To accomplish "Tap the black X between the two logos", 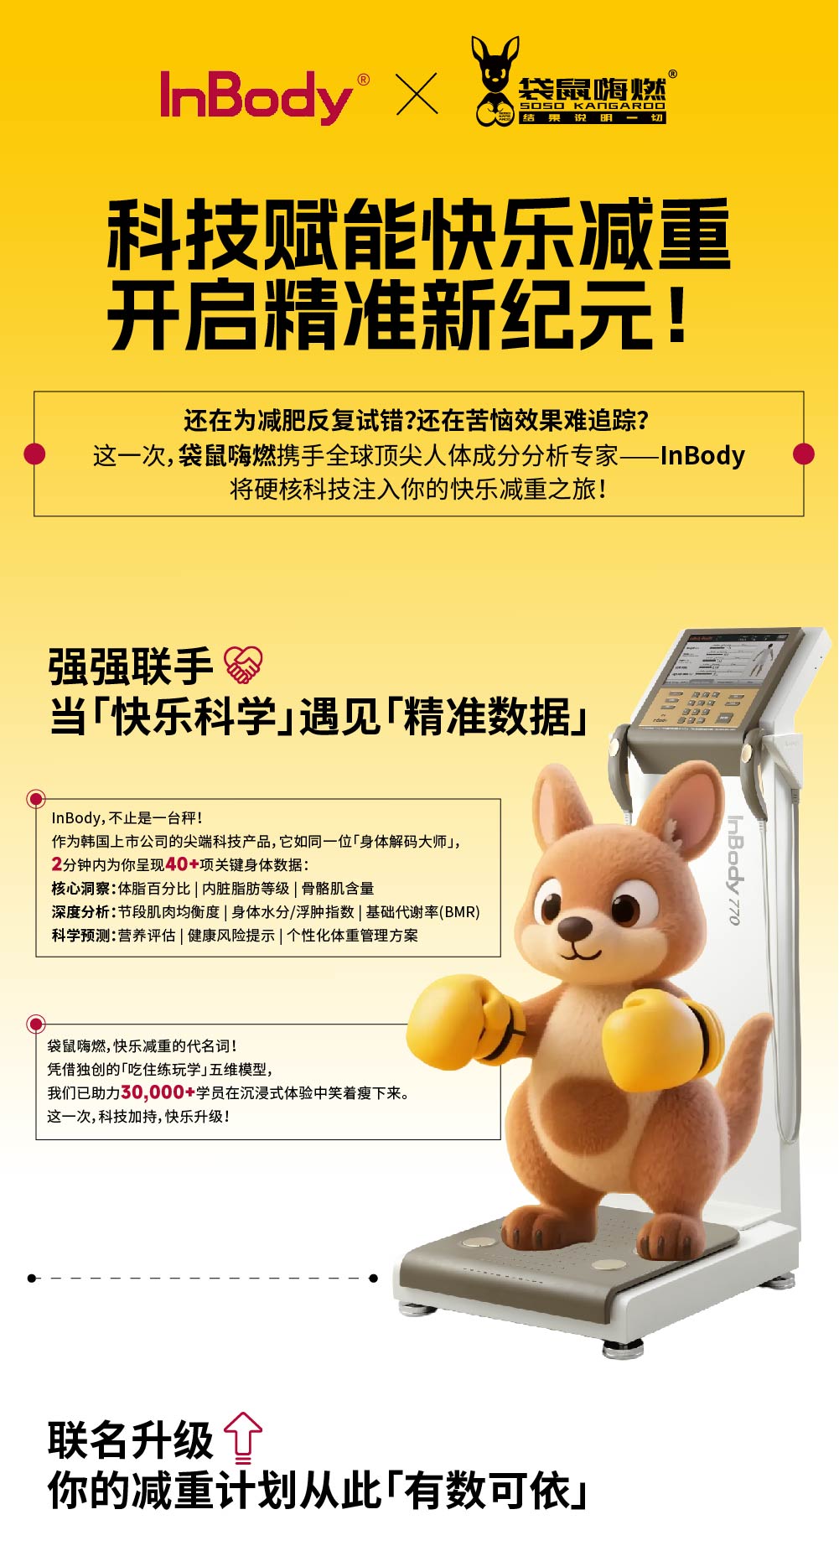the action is pos(417,94).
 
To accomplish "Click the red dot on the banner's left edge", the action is pos(34,454).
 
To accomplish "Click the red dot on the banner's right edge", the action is pos(803,454).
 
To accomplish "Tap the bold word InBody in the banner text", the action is pos(702,455).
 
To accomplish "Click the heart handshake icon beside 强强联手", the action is pos(243,665).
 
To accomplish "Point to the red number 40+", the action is pos(182,864).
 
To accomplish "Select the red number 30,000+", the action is pos(158,1092).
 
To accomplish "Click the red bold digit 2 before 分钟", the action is pos(56,864).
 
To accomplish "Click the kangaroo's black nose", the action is pos(574,927).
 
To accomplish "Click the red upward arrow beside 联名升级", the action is pos(243,1437).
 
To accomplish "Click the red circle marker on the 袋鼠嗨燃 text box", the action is pos(35,1024).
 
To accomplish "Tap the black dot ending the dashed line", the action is pos(374,1278).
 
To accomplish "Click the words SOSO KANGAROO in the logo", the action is pos(592,106).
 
